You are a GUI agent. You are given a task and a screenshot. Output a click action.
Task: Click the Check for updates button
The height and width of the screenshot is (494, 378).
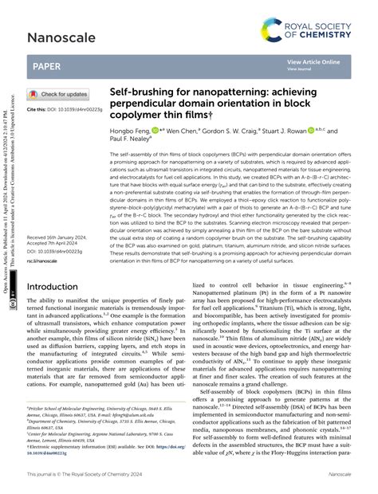pyautogui.click(x=58, y=94)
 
